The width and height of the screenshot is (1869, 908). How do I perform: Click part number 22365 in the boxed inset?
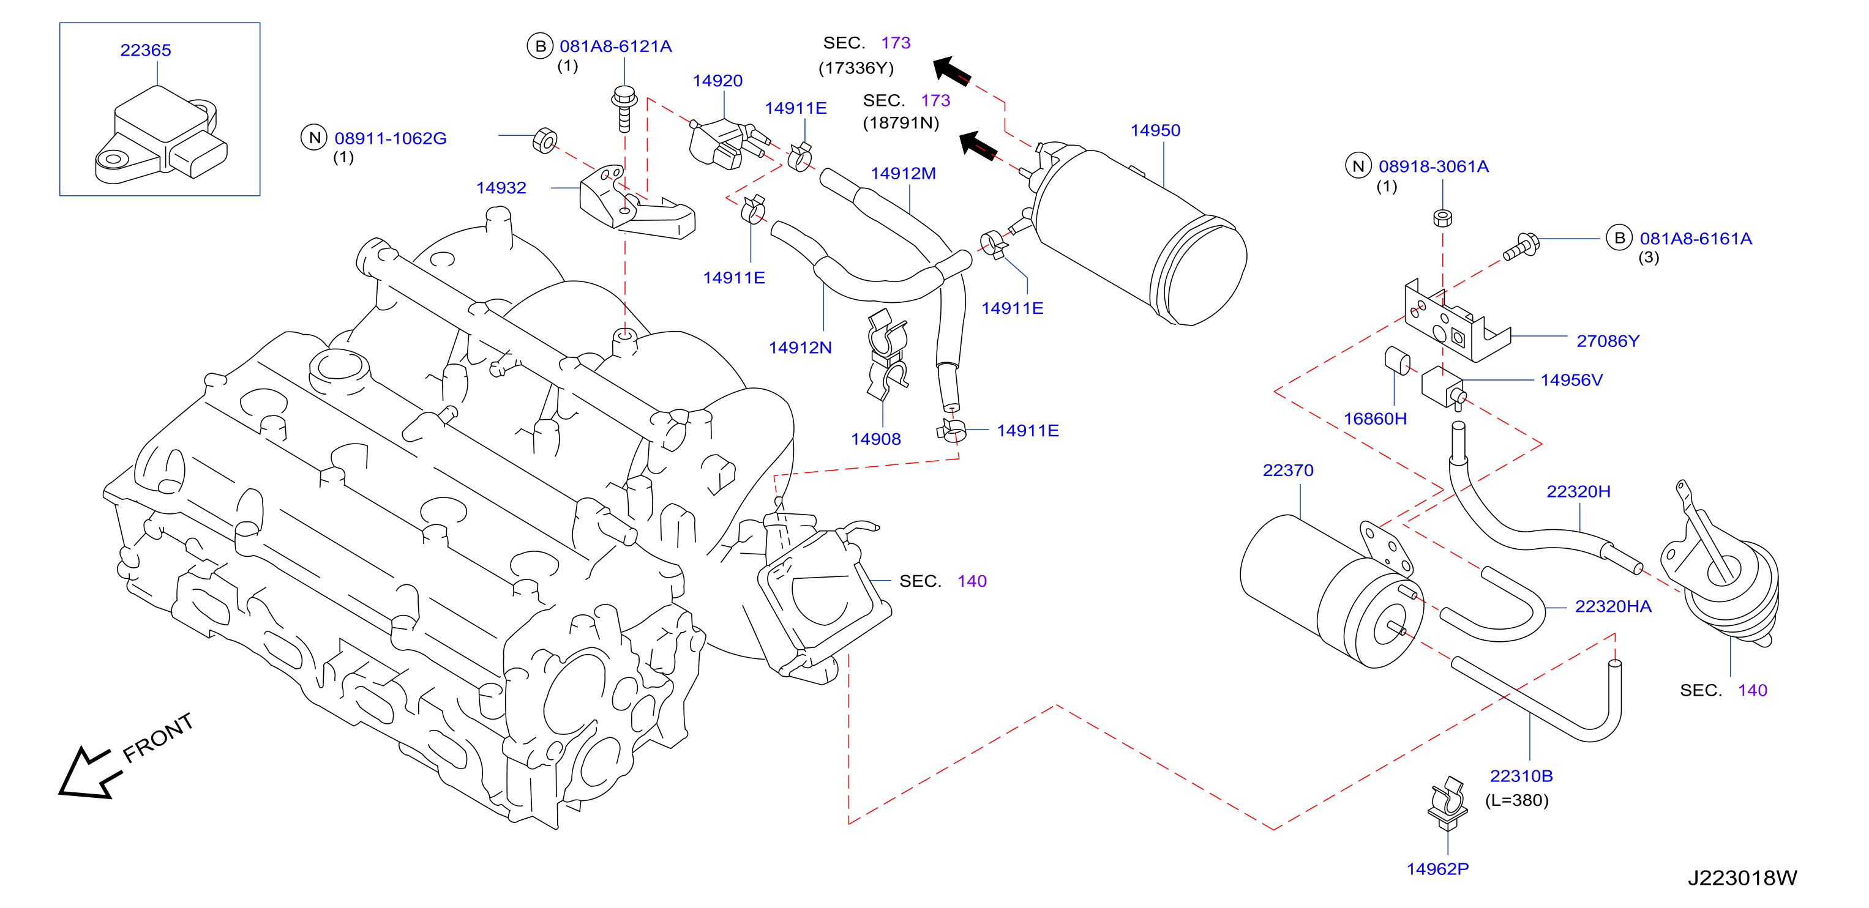coord(146,50)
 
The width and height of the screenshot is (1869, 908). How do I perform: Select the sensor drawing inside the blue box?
coord(161,136)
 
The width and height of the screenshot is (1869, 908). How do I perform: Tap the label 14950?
coord(1155,130)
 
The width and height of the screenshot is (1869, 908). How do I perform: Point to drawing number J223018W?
coord(1742,877)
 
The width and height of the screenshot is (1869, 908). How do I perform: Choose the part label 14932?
coord(501,188)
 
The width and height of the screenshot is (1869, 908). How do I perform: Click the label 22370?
coord(1288,470)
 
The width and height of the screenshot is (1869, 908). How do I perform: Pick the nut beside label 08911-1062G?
coord(545,140)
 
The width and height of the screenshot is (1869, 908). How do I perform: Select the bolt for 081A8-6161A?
coord(1521,247)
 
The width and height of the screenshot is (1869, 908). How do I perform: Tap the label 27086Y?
coord(1608,341)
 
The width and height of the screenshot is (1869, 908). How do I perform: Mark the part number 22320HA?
coord(1613,606)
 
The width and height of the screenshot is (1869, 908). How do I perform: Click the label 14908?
coord(876,439)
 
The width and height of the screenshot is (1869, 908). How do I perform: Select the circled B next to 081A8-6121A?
coord(541,47)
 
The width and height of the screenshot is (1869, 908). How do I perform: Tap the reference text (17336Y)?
coord(856,68)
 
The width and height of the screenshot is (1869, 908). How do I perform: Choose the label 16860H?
coord(1375,419)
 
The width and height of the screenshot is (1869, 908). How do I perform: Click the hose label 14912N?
coord(800,348)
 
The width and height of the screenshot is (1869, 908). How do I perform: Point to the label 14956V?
coord(1571,380)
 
